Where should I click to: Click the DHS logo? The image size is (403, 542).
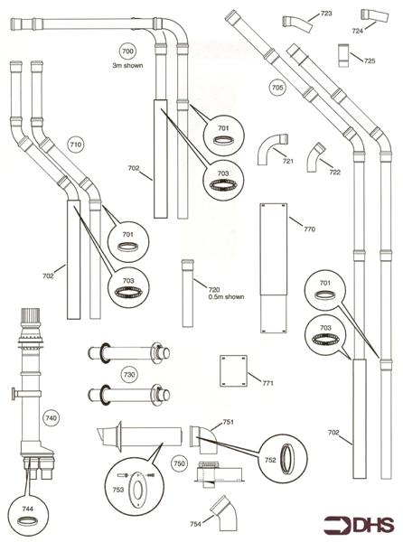coord(358,524)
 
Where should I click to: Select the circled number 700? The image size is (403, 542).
coord(127,51)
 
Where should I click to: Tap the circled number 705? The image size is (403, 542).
coord(277,87)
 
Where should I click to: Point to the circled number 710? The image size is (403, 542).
coord(76,144)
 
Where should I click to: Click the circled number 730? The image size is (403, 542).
coord(129,374)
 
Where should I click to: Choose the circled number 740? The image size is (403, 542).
coord(52,418)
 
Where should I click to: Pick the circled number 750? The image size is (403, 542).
coord(180,463)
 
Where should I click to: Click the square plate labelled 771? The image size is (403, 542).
coord(234,371)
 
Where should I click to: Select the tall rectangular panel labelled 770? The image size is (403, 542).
coord(274,268)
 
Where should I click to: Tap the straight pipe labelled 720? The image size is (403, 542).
coord(188,293)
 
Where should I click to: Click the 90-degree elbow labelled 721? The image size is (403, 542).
coord(272,149)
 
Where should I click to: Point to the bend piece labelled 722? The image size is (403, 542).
coord(315,157)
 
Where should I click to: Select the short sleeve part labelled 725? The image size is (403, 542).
coord(343,55)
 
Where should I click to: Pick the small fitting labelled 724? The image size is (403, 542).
coord(374,15)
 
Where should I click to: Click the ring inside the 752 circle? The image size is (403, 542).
coord(287,459)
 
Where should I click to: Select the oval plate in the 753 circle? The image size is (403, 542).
coord(137,490)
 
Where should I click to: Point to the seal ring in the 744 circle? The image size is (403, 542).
coord(28,520)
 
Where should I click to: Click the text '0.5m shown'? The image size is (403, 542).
coord(227,296)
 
